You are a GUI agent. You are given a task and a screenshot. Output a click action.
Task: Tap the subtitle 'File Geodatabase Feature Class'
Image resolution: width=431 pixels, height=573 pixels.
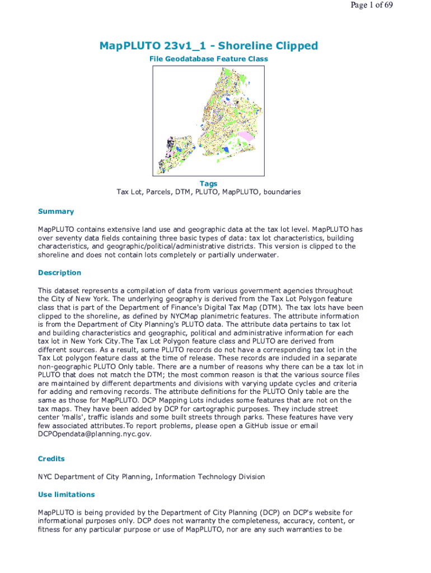tap(208, 59)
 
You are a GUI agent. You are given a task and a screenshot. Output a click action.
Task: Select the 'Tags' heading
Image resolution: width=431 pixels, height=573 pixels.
tap(208, 184)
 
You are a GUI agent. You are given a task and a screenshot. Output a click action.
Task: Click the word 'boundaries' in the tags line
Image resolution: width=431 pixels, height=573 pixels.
tap(280, 192)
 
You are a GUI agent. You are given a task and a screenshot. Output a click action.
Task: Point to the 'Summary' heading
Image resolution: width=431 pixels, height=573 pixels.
tap(56, 212)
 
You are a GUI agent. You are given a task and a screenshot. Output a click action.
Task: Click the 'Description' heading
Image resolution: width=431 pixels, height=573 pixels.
tap(60, 273)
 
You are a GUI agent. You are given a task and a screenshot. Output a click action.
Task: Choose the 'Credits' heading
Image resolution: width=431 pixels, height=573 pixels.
tap(51, 459)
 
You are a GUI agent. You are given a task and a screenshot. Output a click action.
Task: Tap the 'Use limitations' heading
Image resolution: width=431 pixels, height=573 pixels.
tap(67, 495)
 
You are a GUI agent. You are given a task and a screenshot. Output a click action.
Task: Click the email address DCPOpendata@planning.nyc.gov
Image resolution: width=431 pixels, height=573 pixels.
tap(95, 434)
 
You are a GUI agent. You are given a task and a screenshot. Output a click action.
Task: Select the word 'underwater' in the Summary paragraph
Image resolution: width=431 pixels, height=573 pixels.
tap(259, 255)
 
